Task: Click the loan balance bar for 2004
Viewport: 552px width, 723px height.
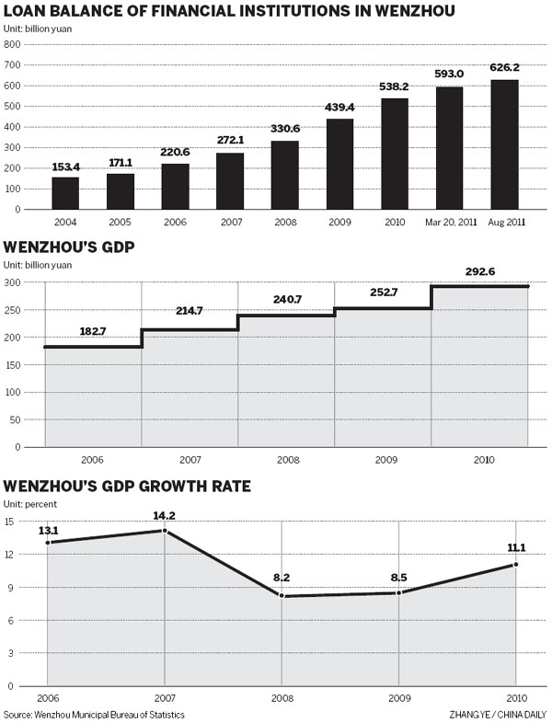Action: pos(65,192)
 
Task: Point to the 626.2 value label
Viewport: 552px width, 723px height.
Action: pos(503,67)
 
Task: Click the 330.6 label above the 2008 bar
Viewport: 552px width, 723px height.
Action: pos(284,129)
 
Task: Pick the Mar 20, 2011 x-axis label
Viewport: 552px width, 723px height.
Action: pos(449,222)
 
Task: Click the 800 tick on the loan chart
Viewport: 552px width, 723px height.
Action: pos(12,45)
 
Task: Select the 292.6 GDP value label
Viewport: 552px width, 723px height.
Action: pos(479,271)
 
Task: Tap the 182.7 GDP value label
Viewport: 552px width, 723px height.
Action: pos(93,331)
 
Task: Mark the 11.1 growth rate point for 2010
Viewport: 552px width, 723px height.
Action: pos(516,565)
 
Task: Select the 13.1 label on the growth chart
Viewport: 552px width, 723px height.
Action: pos(48,529)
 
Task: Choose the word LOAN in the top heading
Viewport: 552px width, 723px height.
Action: pos(29,13)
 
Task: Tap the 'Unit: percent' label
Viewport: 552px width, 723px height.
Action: pos(30,504)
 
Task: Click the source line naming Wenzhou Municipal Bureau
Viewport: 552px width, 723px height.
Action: pos(94,715)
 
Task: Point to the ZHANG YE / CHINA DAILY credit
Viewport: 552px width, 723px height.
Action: pos(498,715)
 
